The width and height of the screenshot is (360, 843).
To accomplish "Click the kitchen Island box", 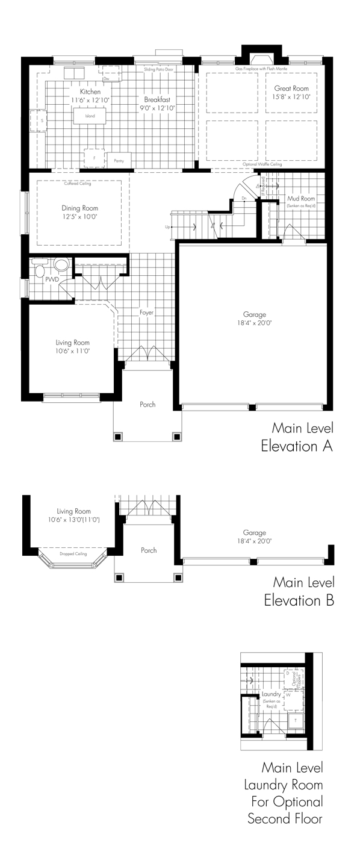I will (x=90, y=116).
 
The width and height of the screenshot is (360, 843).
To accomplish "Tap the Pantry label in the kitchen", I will (x=119, y=161).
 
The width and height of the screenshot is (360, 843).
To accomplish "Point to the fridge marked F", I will (x=94, y=158).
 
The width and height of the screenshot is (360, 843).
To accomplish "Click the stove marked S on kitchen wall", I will (x=42, y=120).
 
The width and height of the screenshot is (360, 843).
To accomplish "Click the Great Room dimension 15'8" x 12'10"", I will (x=292, y=96).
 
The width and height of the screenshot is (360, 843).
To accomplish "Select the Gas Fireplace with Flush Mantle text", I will (x=261, y=70).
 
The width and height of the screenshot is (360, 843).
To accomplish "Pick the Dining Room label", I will (x=79, y=208).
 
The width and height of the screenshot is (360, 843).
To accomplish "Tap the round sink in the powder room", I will (x=61, y=265).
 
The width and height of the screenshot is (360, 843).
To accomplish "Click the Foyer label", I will (x=147, y=313).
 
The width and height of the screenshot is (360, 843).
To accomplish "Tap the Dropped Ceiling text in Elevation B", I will (x=73, y=553).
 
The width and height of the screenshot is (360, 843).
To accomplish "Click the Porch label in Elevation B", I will (x=149, y=550).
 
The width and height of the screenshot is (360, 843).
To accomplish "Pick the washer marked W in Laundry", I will (x=288, y=695).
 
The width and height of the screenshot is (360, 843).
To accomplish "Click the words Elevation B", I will (x=299, y=600).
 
